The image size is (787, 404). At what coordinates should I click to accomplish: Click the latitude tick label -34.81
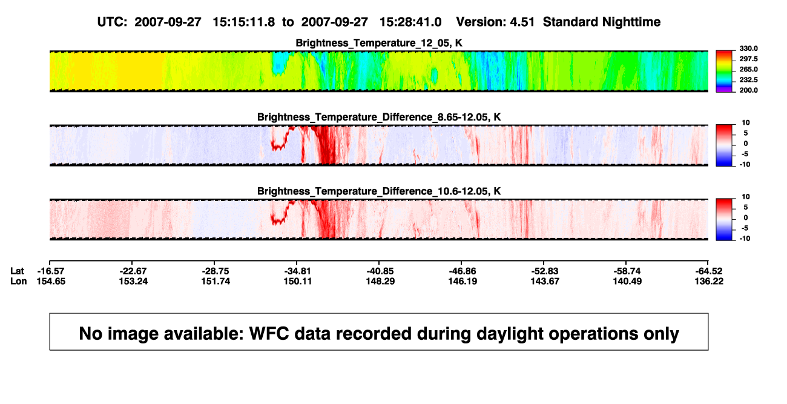coord(298,271)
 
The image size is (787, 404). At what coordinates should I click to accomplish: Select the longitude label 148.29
coord(380,281)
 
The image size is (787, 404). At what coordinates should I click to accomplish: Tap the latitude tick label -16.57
coord(51,271)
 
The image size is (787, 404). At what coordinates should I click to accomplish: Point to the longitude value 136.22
coord(709,281)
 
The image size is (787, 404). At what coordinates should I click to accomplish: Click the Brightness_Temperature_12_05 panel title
coord(379,43)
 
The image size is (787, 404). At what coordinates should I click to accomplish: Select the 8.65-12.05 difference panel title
coord(379,117)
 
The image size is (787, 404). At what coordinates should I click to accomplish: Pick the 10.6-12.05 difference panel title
coord(379,191)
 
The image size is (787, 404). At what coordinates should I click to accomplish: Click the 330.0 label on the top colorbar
coord(748,48)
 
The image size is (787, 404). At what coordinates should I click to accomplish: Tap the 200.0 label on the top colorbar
coord(748,90)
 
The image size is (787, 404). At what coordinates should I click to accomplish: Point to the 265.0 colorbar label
coord(748,69)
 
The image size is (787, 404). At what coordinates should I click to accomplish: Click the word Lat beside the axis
coord(17,271)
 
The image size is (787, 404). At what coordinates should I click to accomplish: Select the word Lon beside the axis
coord(19,281)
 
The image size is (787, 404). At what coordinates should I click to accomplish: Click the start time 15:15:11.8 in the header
coord(244,22)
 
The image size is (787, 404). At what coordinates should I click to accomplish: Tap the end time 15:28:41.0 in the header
coord(410,22)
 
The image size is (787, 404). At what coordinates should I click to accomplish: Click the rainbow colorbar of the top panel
coord(724,71)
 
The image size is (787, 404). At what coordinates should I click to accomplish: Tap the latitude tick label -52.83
coord(545,271)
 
